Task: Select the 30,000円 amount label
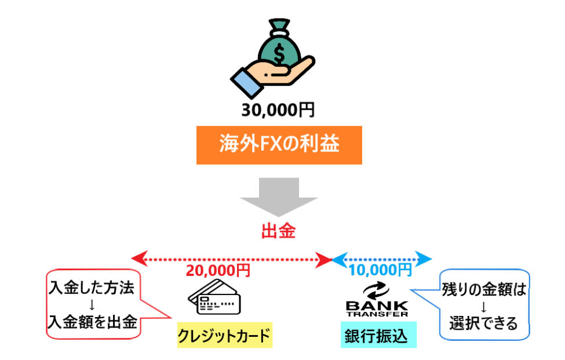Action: point(279,109)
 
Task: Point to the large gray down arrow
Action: point(279,197)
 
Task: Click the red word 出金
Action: point(279,232)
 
